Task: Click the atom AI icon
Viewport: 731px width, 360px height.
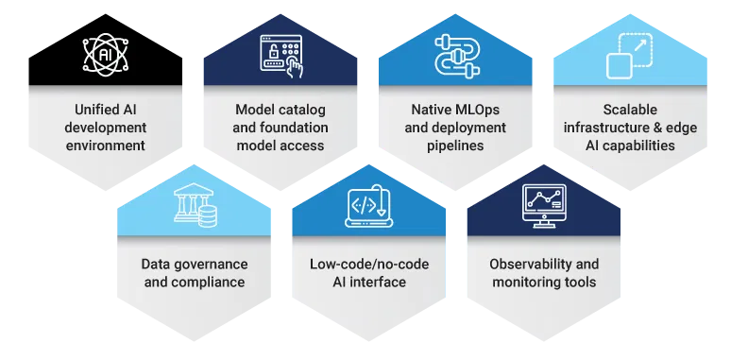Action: click(104, 55)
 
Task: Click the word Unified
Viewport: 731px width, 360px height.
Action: click(93, 110)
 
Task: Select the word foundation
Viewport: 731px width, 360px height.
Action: click(294, 128)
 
